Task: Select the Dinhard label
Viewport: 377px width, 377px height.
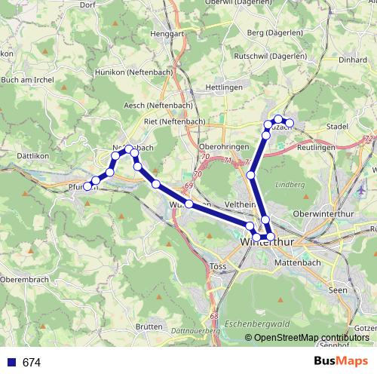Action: pos(352,58)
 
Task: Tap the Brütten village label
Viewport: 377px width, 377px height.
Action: pos(150,326)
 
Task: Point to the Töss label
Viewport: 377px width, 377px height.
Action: pos(215,266)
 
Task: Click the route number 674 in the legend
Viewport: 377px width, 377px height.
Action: pos(32,363)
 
